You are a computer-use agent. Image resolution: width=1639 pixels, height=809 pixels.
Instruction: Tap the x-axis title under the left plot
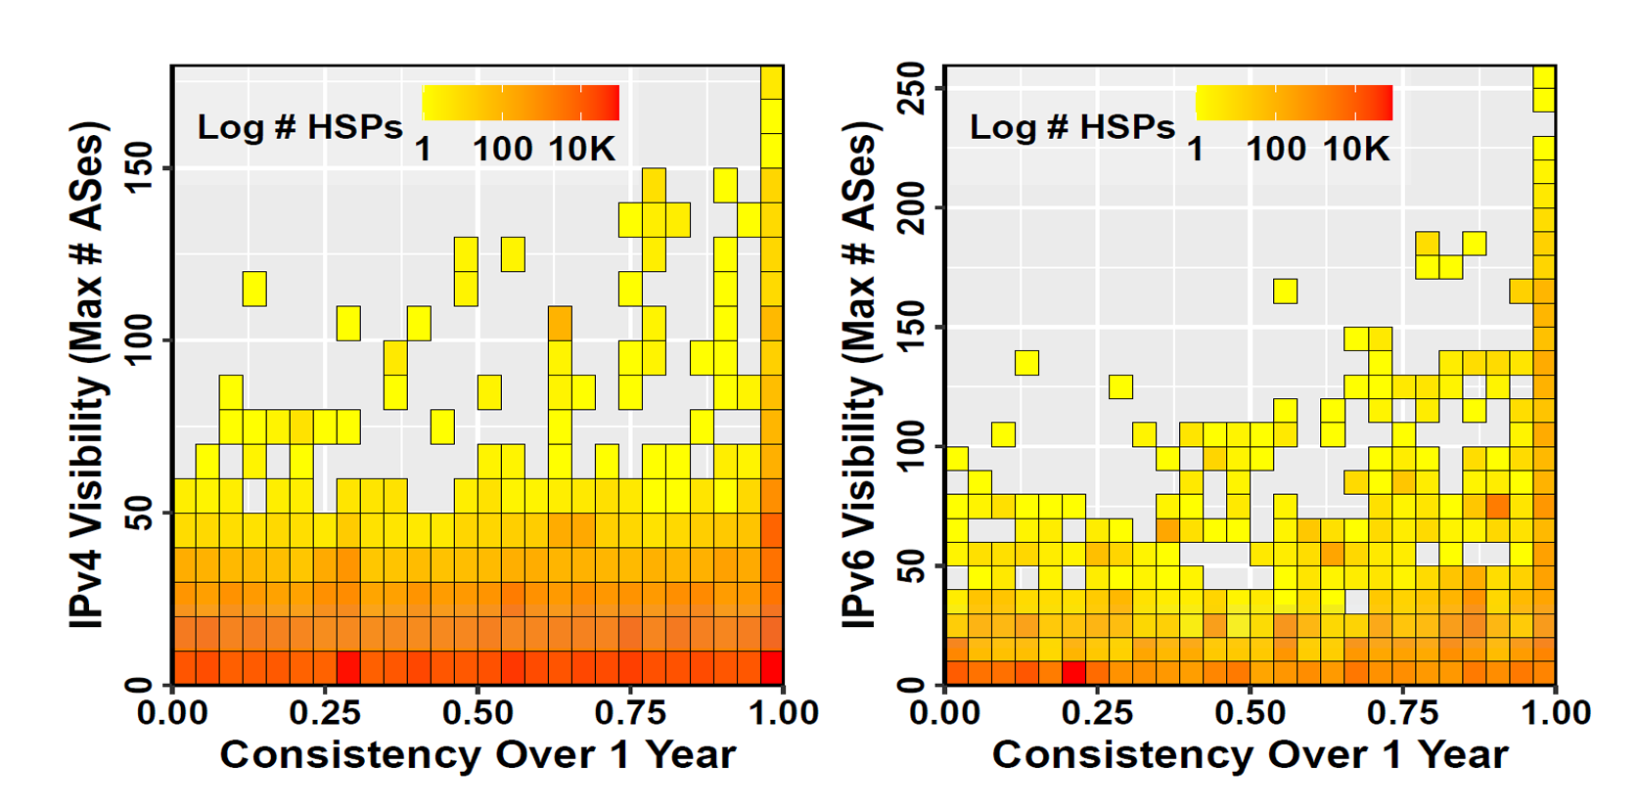(x=478, y=755)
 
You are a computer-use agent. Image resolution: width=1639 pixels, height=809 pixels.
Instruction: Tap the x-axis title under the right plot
(x=1250, y=755)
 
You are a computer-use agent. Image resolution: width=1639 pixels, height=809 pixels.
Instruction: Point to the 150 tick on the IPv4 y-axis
(x=139, y=168)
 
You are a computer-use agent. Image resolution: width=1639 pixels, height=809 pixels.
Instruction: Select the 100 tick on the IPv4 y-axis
(x=139, y=340)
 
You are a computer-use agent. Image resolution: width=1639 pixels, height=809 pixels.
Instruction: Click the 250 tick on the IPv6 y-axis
(x=912, y=88)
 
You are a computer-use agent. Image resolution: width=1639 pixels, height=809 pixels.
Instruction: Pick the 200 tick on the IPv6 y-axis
(x=912, y=207)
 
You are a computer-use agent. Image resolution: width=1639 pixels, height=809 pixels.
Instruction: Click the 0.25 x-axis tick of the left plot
(x=325, y=712)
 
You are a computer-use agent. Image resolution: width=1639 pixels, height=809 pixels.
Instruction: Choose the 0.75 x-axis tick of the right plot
(x=1402, y=712)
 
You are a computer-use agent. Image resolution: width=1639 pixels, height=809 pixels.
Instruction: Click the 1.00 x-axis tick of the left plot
(x=783, y=712)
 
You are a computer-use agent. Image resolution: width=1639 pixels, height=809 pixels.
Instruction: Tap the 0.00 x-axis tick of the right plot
(x=944, y=712)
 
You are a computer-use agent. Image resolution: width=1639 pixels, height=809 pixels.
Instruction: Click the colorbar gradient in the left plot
(x=521, y=103)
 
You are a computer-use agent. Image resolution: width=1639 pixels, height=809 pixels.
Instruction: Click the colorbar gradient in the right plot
(x=1294, y=103)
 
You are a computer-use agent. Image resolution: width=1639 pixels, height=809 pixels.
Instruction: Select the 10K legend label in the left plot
(x=581, y=150)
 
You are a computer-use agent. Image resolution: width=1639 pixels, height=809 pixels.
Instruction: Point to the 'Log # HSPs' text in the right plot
(x=1071, y=127)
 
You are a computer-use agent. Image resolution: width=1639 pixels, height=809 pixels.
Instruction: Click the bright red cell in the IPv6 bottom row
(x=1073, y=673)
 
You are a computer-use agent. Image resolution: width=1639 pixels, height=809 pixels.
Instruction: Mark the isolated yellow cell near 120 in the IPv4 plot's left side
(x=254, y=289)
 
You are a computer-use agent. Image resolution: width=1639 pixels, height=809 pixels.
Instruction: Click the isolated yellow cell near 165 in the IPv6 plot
(x=1285, y=291)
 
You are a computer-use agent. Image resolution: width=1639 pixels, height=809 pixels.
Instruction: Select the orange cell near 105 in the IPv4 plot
(x=560, y=323)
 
